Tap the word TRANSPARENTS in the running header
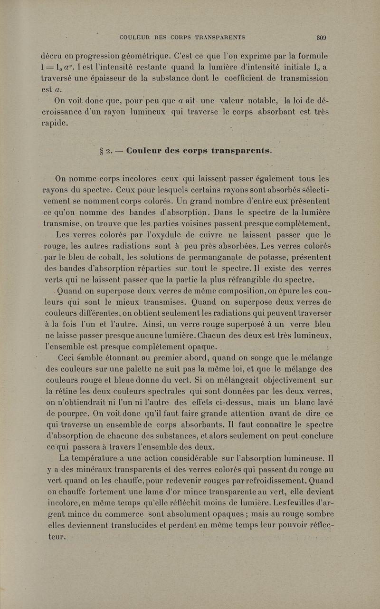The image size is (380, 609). click(x=217, y=37)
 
